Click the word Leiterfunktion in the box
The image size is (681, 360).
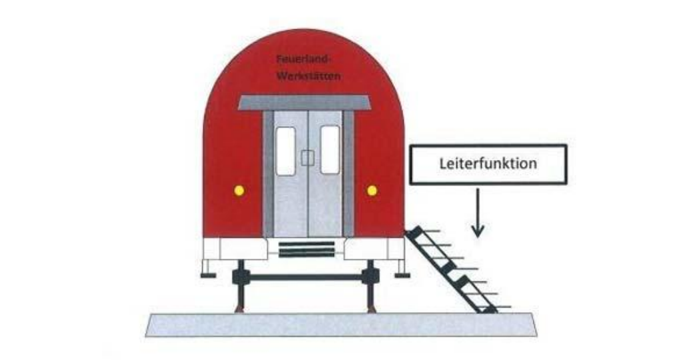(488, 164)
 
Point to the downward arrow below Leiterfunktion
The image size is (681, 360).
(478, 213)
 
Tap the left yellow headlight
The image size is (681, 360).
(239, 191)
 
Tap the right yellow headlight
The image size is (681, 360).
(372, 191)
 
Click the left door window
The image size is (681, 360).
(286, 151)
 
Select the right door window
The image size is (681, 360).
(330, 149)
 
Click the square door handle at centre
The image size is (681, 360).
(307, 158)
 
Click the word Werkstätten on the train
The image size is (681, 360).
(309, 76)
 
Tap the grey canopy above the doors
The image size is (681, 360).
(304, 103)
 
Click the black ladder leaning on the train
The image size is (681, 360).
(452, 269)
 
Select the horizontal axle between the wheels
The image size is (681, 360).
(305, 277)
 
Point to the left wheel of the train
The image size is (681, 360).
(240, 287)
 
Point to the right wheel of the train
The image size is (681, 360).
(370, 287)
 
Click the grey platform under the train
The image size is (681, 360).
(341, 325)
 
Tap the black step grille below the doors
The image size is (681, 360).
(307, 249)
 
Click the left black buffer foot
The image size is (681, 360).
(208, 275)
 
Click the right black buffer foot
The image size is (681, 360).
(402, 275)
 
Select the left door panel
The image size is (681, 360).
(290, 174)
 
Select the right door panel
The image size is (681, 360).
(325, 174)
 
